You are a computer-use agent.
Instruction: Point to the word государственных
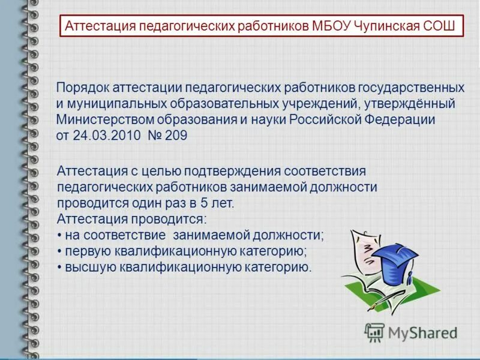click(413, 88)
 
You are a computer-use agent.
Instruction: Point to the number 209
click(175, 136)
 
